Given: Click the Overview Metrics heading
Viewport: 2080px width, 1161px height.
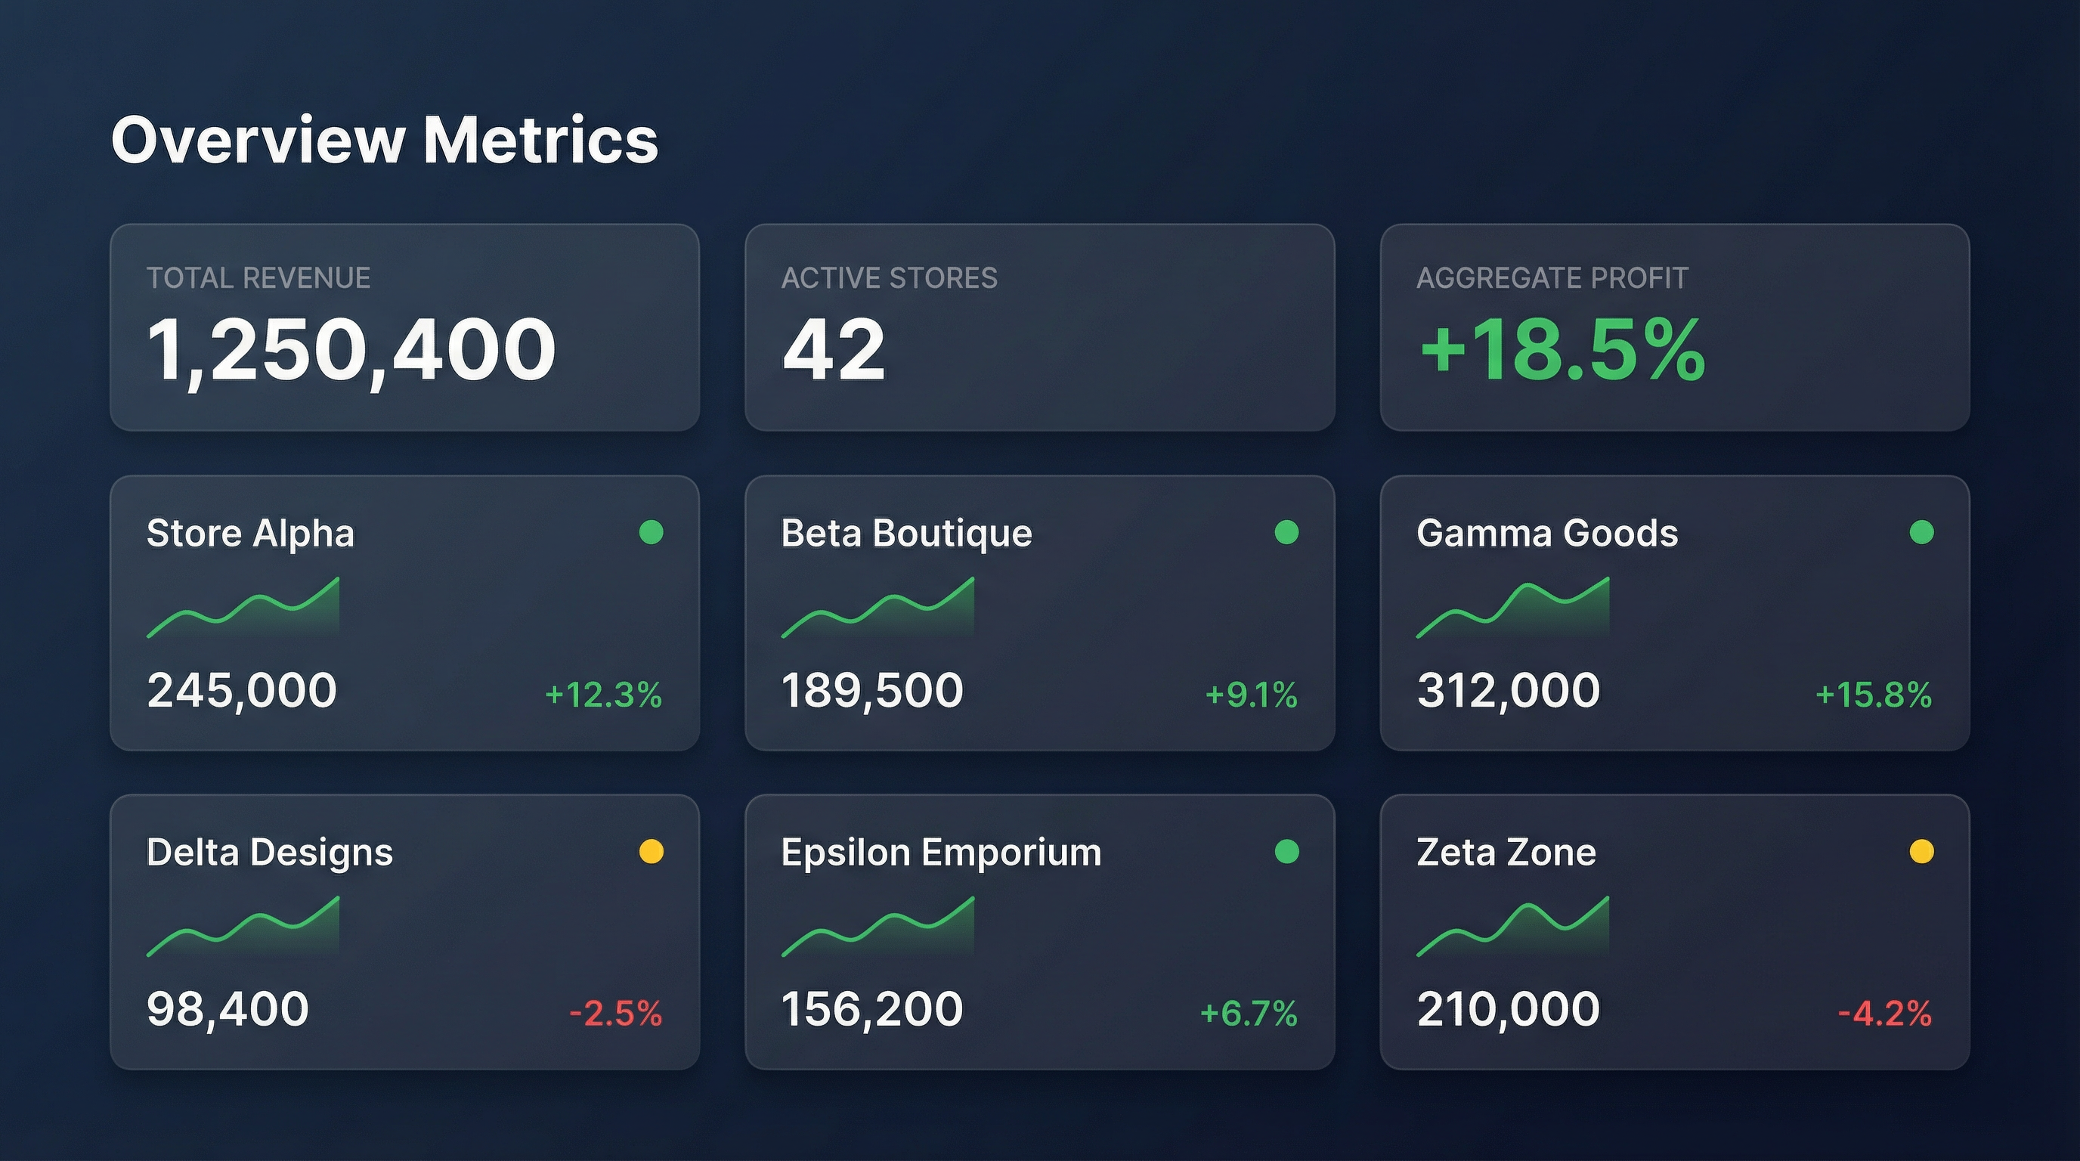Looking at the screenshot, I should (x=385, y=141).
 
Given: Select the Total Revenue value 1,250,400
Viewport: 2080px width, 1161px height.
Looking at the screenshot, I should (x=351, y=350).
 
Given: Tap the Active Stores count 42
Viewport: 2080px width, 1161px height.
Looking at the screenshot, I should (x=834, y=350).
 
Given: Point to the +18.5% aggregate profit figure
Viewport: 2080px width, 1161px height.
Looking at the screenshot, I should (x=1562, y=350).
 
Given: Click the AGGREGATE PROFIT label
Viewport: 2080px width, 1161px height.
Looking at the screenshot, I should (x=1552, y=277).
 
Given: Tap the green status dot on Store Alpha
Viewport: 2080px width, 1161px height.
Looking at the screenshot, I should (x=651, y=532).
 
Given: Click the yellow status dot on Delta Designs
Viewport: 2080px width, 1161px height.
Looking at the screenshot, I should (x=651, y=851).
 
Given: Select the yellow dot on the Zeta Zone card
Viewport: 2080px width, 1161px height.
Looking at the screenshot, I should (x=1921, y=851).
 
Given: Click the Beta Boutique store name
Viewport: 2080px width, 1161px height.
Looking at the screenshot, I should (x=906, y=533).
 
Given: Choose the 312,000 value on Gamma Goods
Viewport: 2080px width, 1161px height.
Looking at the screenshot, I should (x=1508, y=690).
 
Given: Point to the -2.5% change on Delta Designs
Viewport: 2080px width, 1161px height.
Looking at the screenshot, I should (x=615, y=1014).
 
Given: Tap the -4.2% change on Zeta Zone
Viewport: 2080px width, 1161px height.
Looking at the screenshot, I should (x=1884, y=1014).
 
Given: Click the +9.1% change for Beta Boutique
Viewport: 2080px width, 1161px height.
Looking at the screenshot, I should (x=1251, y=695).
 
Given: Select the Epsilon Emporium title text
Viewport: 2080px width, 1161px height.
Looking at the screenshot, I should (x=941, y=853).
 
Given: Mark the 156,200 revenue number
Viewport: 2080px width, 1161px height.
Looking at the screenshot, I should (x=872, y=1009).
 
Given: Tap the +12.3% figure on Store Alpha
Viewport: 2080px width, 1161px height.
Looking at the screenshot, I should (x=603, y=695).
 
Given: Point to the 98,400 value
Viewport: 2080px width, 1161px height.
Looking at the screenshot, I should (x=227, y=1009).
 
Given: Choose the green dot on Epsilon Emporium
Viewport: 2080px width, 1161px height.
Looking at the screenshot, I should (x=1286, y=851).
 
